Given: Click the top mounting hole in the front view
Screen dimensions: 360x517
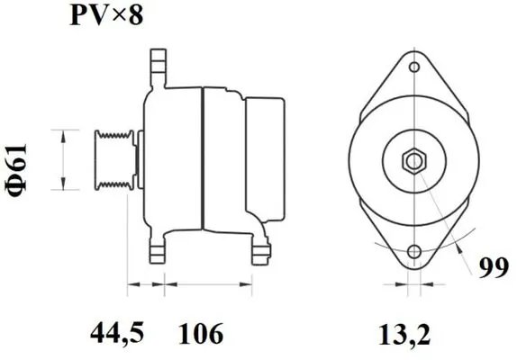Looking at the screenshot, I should point(413,67).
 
